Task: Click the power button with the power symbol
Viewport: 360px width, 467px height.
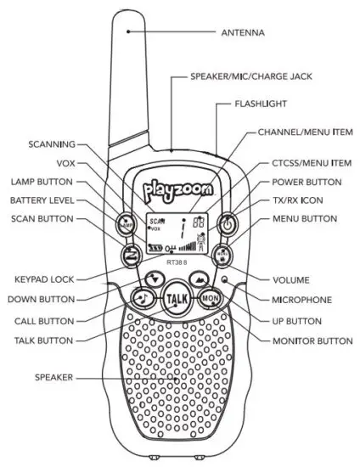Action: point(228,225)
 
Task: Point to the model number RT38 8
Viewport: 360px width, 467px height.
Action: point(177,262)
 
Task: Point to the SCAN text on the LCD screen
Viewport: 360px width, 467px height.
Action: point(155,220)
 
